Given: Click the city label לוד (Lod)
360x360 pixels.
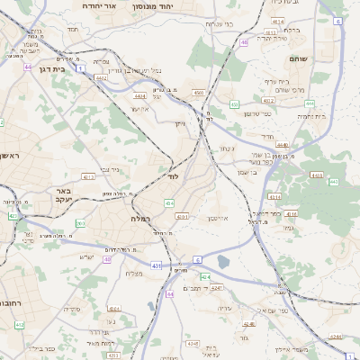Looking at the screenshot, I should pos(173,176).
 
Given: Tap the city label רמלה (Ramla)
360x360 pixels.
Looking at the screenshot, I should pos(140,219).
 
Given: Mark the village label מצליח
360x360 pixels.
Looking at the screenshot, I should pos(133,274).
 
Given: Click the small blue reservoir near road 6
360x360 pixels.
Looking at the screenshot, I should pos(224,262).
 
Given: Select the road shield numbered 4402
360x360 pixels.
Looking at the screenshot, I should pos(101,78).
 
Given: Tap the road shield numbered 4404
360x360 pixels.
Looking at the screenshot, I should pos(139,95).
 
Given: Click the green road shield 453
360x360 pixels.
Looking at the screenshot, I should pos(234,104).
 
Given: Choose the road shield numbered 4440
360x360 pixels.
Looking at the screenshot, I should pos(283,144).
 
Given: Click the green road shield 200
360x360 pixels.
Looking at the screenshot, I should pos(80,223).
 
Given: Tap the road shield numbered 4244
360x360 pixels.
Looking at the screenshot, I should pos(336,337).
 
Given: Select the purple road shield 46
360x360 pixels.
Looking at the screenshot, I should pos(244,42).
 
